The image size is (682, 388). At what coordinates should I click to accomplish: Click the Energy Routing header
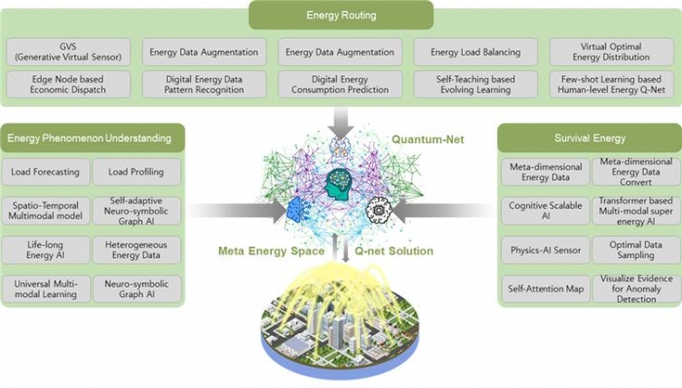pos(340,15)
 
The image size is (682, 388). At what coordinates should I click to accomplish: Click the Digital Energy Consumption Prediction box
pos(339,83)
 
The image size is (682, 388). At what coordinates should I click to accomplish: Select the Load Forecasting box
pos(47,173)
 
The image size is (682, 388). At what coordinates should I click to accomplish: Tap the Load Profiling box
pos(136,173)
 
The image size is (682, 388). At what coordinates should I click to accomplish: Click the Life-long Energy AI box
pos(47,249)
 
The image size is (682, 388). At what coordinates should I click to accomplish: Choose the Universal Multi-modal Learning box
pos(47,288)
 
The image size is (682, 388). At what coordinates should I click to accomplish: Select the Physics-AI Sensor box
pos(545,249)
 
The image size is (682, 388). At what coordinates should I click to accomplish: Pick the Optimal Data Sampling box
pos(633,249)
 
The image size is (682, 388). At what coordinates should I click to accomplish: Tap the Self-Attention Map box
pos(545,288)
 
